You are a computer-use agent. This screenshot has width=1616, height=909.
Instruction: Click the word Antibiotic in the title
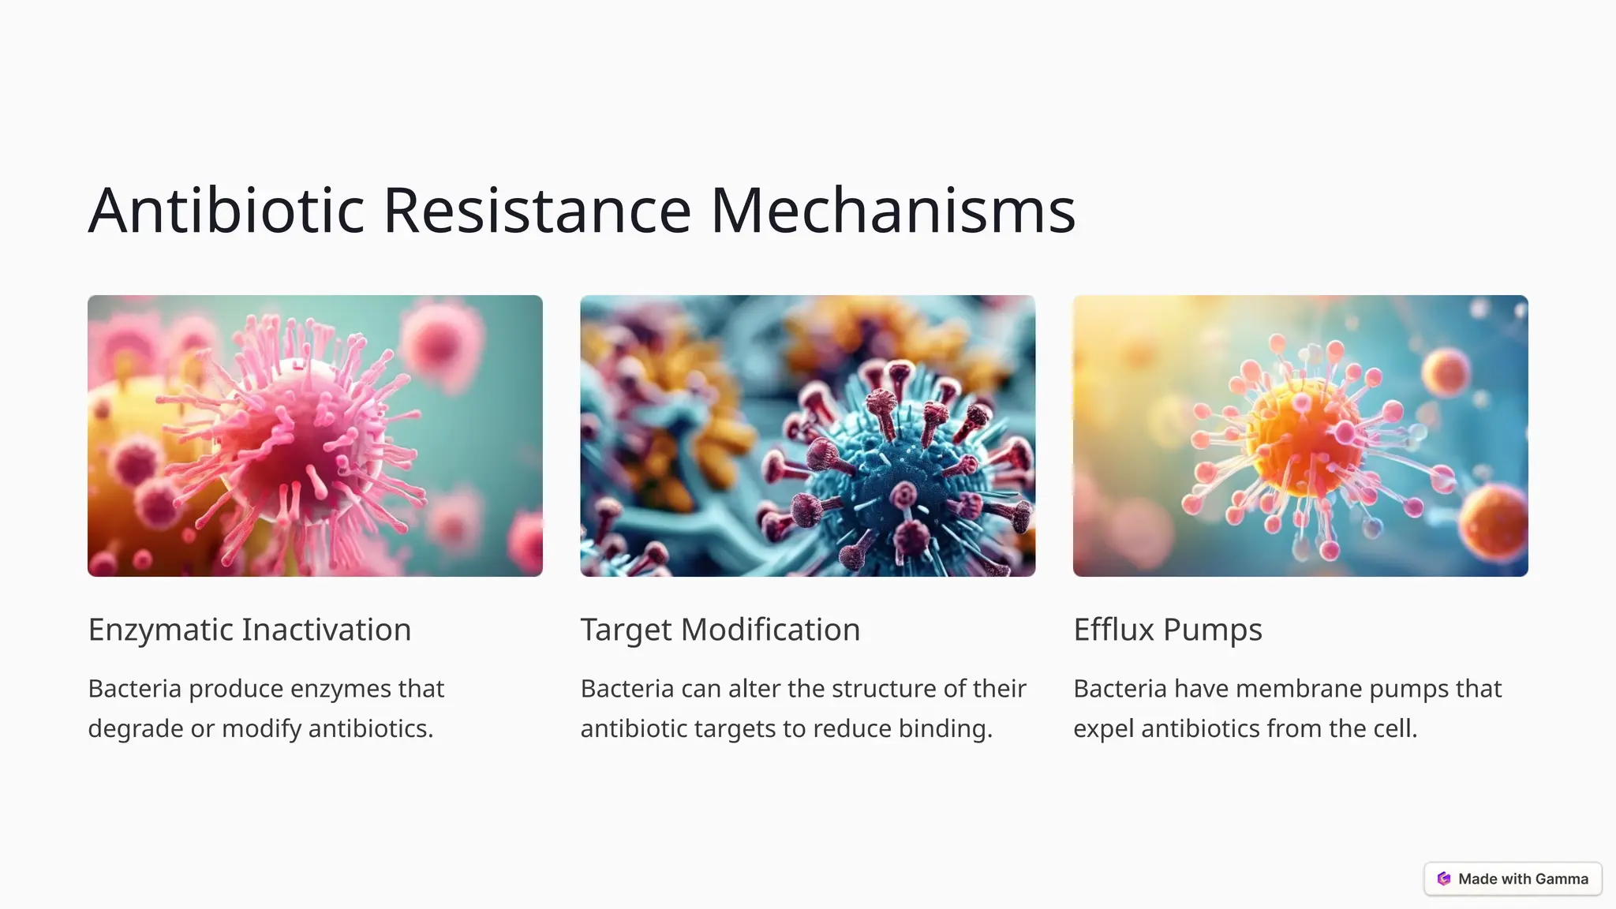(x=226, y=211)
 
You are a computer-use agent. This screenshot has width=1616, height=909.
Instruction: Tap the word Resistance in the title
(x=537, y=211)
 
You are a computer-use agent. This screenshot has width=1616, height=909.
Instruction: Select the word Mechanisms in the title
(x=893, y=211)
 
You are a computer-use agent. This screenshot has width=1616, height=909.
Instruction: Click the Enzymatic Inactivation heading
(x=249, y=630)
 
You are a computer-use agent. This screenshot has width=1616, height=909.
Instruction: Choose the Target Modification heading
(x=720, y=630)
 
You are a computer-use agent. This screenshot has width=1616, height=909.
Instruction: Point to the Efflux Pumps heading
(x=1167, y=630)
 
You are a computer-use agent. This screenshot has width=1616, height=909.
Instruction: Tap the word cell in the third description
(x=1394, y=728)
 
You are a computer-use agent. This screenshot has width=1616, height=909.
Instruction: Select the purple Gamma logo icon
(x=1444, y=879)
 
